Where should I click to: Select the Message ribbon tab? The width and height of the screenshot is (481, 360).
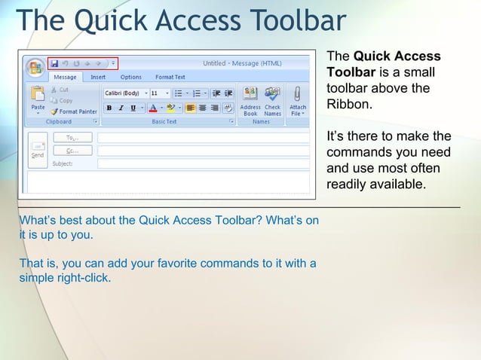pyautogui.click(x=65, y=77)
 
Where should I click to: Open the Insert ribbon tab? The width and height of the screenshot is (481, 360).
pyautogui.click(x=98, y=77)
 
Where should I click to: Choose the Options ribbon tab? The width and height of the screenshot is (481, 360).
pyautogui.click(x=130, y=77)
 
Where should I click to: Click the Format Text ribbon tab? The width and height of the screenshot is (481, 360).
pyautogui.click(x=170, y=77)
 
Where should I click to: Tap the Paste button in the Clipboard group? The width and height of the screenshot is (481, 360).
pyautogui.click(x=38, y=99)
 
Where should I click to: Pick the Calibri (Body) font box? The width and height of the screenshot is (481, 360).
pyautogui.click(x=124, y=93)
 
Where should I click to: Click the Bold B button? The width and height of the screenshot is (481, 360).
pyautogui.click(x=109, y=108)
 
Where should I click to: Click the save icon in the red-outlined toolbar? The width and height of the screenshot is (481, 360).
pyautogui.click(x=54, y=63)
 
